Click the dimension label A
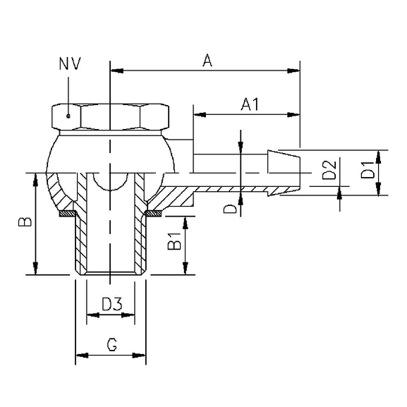pos(207,61)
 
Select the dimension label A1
pos(249,104)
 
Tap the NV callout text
pos(71,64)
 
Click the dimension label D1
pos(367,171)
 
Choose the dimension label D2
pos(328,171)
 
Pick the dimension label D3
pos(111,304)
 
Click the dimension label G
pos(111,345)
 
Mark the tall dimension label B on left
pos(24,223)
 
